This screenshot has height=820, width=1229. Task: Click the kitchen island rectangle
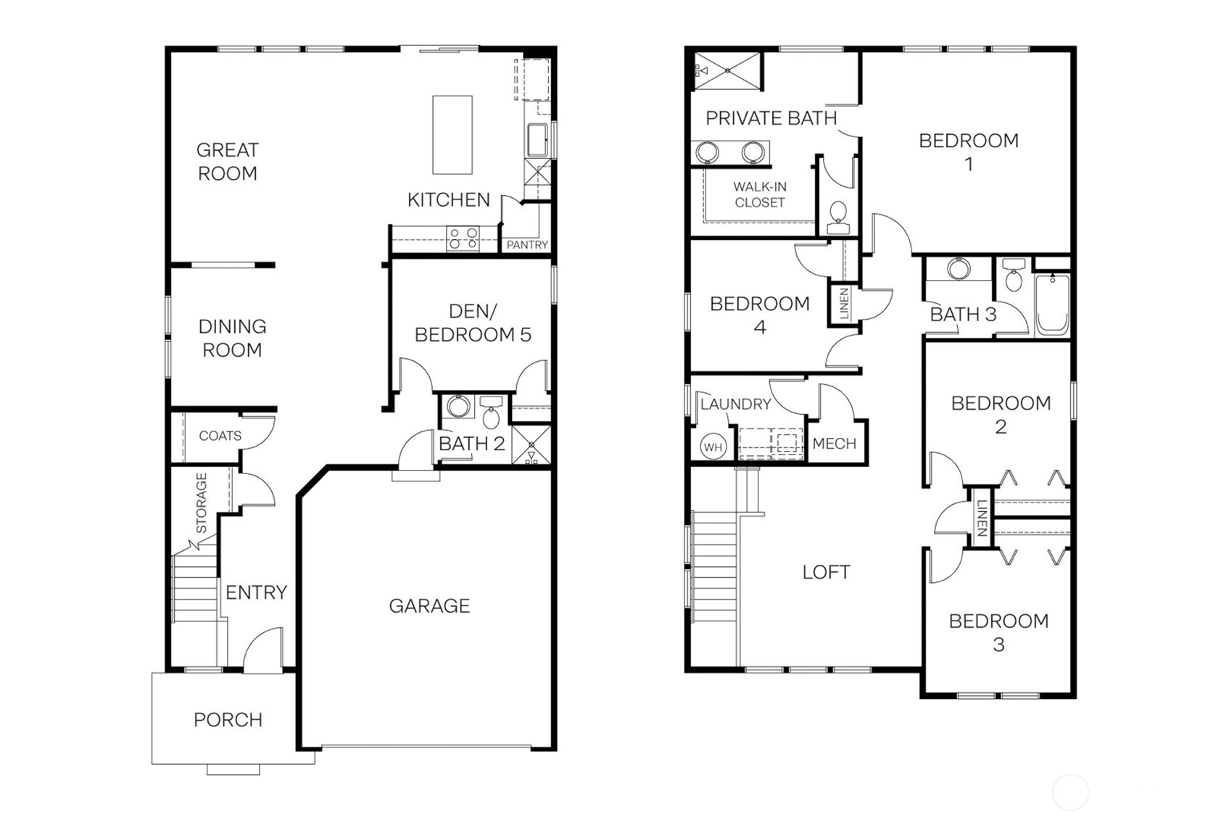(x=452, y=135)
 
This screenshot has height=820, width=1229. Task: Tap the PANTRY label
(x=527, y=245)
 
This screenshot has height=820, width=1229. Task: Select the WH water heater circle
(x=713, y=447)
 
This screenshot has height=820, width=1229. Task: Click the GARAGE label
(x=429, y=606)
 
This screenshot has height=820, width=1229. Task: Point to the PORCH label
(x=228, y=720)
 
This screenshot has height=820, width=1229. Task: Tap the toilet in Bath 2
(x=492, y=415)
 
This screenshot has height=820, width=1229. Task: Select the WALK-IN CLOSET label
(x=759, y=195)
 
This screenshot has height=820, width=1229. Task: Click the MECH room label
(x=834, y=444)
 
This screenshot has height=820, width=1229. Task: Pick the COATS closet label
(x=220, y=436)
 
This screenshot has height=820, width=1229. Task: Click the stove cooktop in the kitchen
(x=463, y=239)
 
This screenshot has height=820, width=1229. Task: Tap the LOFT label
(x=826, y=573)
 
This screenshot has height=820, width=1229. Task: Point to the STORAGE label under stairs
(x=202, y=503)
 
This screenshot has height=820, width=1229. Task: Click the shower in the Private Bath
(x=727, y=71)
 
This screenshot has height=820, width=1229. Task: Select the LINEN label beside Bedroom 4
(x=843, y=304)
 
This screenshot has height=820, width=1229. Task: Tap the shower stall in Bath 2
(x=531, y=444)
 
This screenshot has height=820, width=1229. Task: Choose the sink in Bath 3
(x=959, y=269)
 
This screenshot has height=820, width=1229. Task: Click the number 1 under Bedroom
(x=969, y=165)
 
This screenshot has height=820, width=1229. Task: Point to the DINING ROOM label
(x=232, y=339)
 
